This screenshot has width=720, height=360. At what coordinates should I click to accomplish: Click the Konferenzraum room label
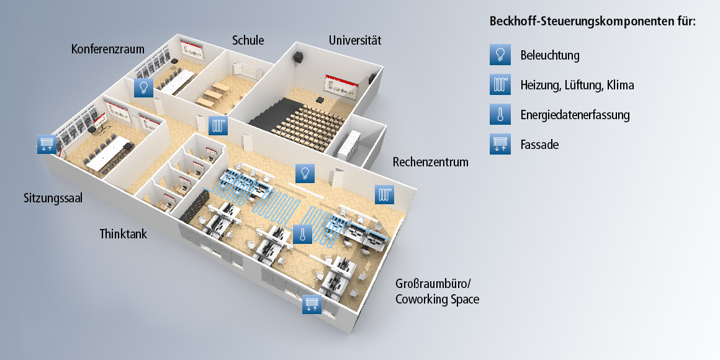(x=107, y=48)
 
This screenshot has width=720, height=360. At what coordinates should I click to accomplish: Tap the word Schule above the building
(x=248, y=40)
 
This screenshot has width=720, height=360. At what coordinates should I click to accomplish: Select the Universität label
(x=354, y=40)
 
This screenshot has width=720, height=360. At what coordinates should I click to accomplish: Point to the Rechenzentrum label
(x=430, y=162)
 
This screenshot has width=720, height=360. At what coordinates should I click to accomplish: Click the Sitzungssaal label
(x=53, y=199)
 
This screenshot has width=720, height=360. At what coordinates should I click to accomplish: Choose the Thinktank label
(x=123, y=234)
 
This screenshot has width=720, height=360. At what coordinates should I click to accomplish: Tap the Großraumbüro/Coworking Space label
(x=437, y=292)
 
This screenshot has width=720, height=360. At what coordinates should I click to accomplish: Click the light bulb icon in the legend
(x=500, y=55)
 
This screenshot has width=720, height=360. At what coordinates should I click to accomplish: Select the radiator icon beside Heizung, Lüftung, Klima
(x=500, y=85)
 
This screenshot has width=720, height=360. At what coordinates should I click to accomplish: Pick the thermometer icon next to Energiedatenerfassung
(x=500, y=115)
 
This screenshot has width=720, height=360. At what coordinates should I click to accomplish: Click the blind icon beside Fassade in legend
(x=500, y=145)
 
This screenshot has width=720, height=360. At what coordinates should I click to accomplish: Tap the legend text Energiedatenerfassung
(x=575, y=115)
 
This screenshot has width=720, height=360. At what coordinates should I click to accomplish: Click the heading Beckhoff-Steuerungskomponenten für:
(x=593, y=21)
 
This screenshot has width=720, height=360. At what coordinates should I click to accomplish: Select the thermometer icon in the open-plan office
(x=302, y=234)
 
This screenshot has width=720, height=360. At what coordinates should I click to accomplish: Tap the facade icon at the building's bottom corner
(x=312, y=304)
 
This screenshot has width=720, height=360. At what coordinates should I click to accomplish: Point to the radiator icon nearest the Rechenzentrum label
(x=384, y=194)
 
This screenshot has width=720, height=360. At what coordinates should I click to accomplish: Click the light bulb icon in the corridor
(x=304, y=173)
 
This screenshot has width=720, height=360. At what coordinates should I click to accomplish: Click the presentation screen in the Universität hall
(x=340, y=86)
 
